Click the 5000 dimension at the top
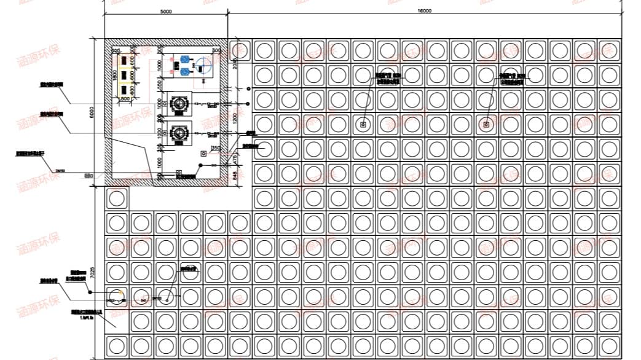pos(165,11)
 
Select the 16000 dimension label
pos(424,11)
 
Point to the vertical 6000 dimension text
pos(92,112)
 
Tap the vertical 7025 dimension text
pos(92,274)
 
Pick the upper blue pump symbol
pos(185,61)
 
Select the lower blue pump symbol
pos(185,71)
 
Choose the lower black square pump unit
pos(180,131)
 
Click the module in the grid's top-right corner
pos(609,50)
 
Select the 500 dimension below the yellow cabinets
pos(124,98)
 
